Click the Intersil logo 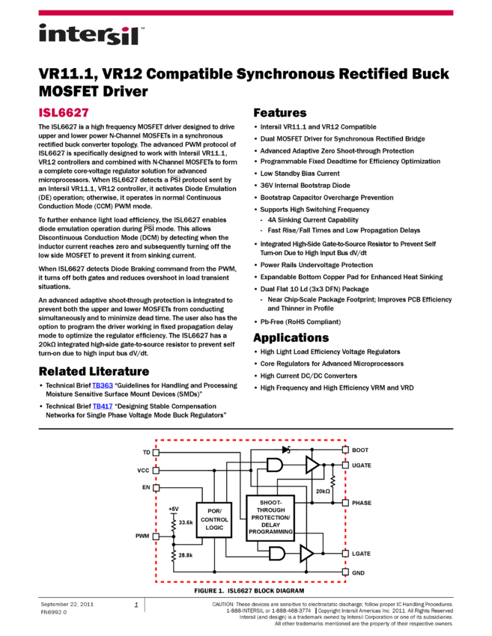[x=91, y=35]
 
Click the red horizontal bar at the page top [x=246, y=13]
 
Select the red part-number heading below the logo [x=64, y=113]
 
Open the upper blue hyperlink [x=103, y=386]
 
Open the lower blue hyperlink [x=103, y=407]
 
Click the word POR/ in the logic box [x=214, y=511]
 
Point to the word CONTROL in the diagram [x=214, y=519]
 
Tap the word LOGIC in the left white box [x=214, y=528]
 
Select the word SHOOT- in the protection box [x=270, y=503]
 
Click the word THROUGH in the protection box [x=270, y=510]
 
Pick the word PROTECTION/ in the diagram [x=270, y=518]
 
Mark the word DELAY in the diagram [x=270, y=525]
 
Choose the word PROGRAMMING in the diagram [x=270, y=532]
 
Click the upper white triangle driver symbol [x=312, y=465]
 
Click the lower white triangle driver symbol [x=306, y=554]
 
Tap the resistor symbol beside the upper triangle [x=332, y=481]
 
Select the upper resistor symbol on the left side [x=174, y=525]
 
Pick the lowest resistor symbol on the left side [x=174, y=555]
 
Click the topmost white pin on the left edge [x=156, y=453]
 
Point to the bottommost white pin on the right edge [x=345, y=572]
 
